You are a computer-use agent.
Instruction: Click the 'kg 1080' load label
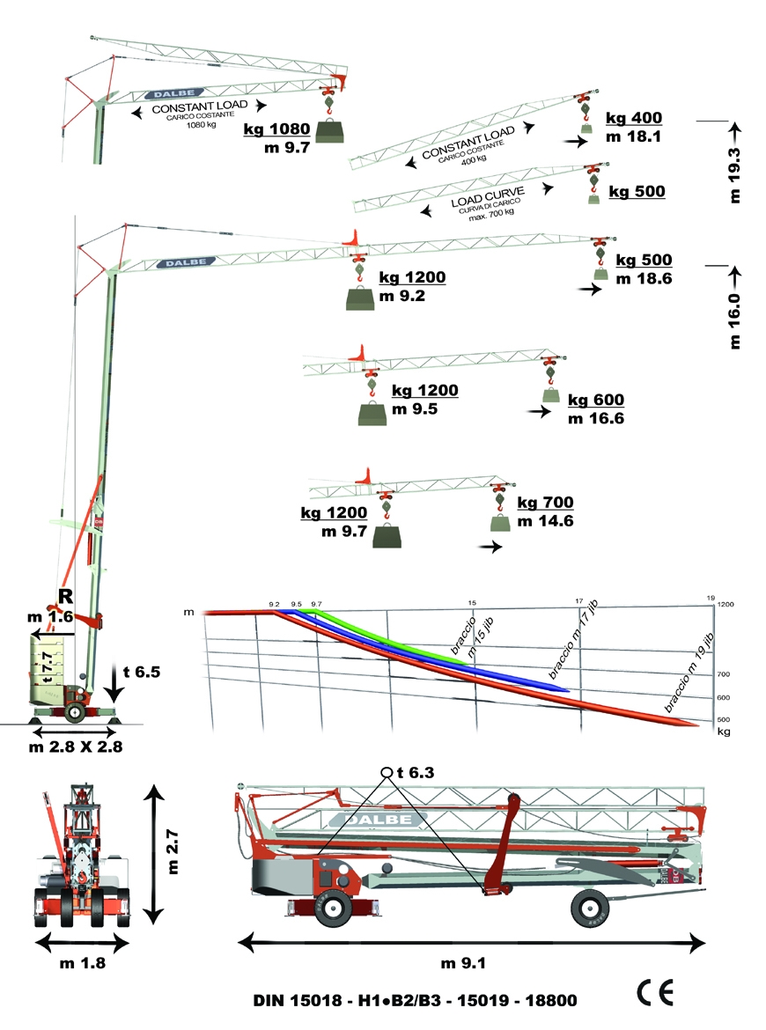pyautogui.click(x=276, y=129)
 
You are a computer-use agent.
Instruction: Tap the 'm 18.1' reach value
pyautogui.click(x=633, y=136)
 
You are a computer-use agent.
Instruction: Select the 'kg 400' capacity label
pyautogui.click(x=634, y=118)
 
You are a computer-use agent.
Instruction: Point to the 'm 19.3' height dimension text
pyautogui.click(x=734, y=174)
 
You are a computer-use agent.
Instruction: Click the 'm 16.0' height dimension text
pyautogui.click(x=734, y=320)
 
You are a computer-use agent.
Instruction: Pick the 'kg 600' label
pyautogui.click(x=596, y=400)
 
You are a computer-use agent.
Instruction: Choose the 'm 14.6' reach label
pyautogui.click(x=545, y=521)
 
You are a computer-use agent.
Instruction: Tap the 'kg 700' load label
pyautogui.click(x=545, y=503)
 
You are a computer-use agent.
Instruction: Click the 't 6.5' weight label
pyautogui.click(x=142, y=672)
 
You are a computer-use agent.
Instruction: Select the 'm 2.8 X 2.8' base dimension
pyautogui.click(x=76, y=747)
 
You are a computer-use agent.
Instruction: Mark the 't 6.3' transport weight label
pyautogui.click(x=416, y=773)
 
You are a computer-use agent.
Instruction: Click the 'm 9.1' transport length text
pyautogui.click(x=463, y=964)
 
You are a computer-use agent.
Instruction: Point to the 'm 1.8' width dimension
pyautogui.click(x=82, y=964)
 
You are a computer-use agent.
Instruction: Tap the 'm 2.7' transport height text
pyautogui.click(x=173, y=851)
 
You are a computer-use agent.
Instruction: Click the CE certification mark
pyautogui.click(x=655, y=992)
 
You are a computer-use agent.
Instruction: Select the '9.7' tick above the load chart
pyautogui.click(x=317, y=604)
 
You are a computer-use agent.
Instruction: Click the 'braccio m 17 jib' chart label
pyautogui.click(x=573, y=641)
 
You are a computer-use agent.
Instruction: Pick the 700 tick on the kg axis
pyautogui.click(x=724, y=674)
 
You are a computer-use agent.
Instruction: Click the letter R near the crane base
pyautogui.click(x=66, y=597)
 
